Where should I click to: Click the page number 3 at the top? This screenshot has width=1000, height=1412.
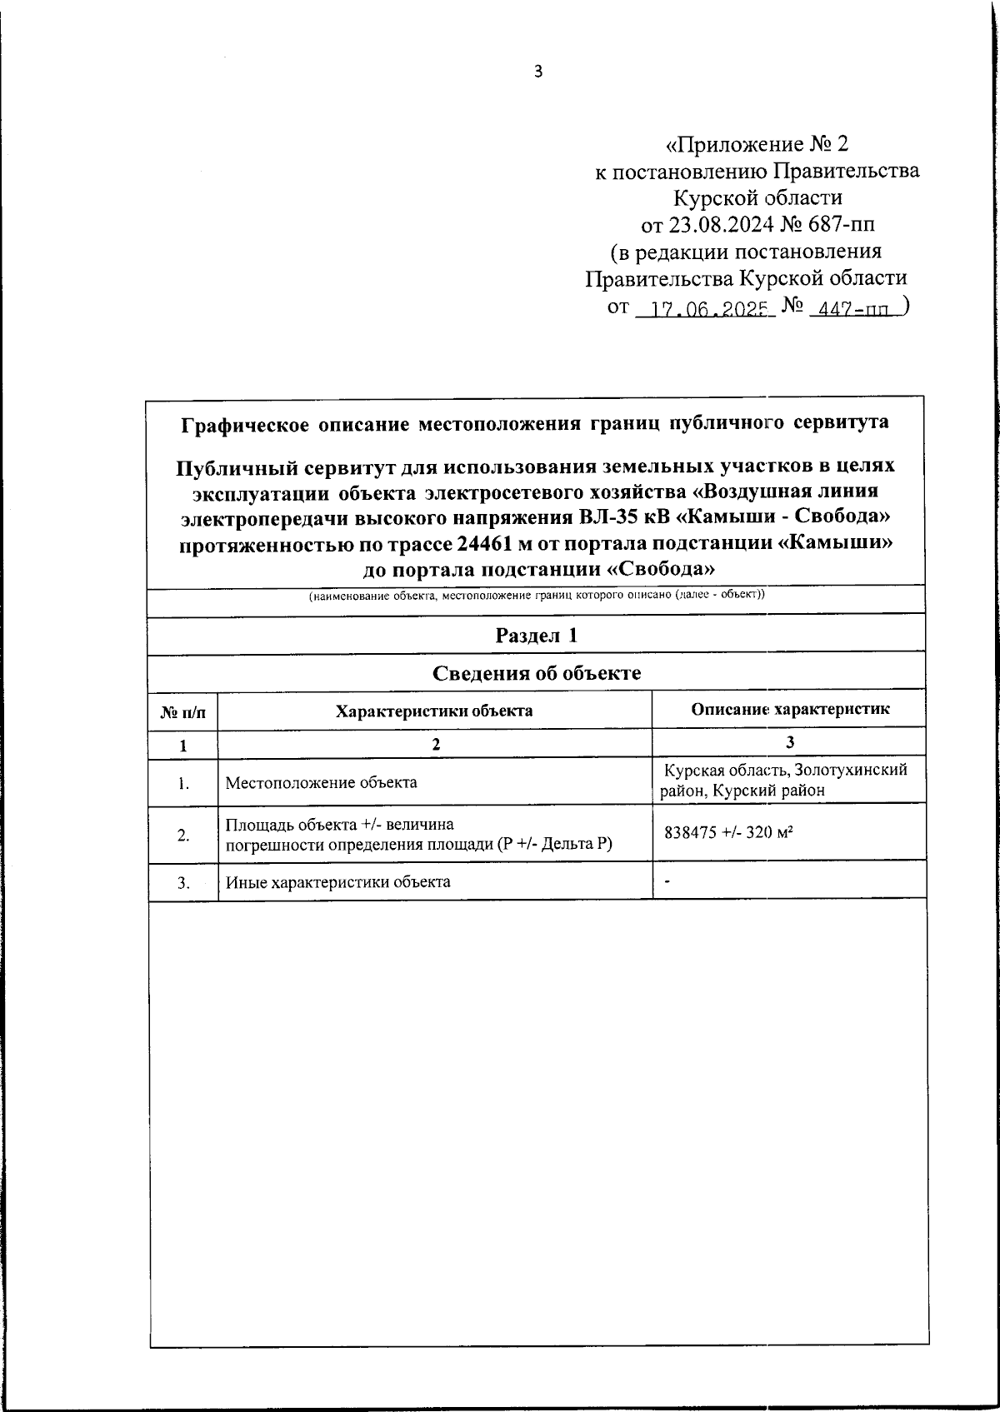(x=537, y=72)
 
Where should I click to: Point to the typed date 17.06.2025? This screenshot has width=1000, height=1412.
(x=707, y=310)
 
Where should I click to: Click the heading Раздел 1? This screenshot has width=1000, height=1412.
(x=536, y=636)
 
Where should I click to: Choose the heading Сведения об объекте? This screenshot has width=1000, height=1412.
(x=536, y=673)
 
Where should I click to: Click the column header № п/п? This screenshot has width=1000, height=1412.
(x=182, y=711)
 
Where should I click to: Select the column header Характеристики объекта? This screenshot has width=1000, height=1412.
(x=433, y=711)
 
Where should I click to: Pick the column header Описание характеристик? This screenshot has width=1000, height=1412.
(x=790, y=709)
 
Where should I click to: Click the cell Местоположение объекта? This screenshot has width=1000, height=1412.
(x=321, y=782)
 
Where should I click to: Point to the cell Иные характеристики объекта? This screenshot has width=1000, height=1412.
(x=337, y=881)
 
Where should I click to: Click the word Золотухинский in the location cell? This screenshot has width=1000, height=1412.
(x=850, y=770)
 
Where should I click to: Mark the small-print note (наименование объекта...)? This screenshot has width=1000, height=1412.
(x=536, y=596)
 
